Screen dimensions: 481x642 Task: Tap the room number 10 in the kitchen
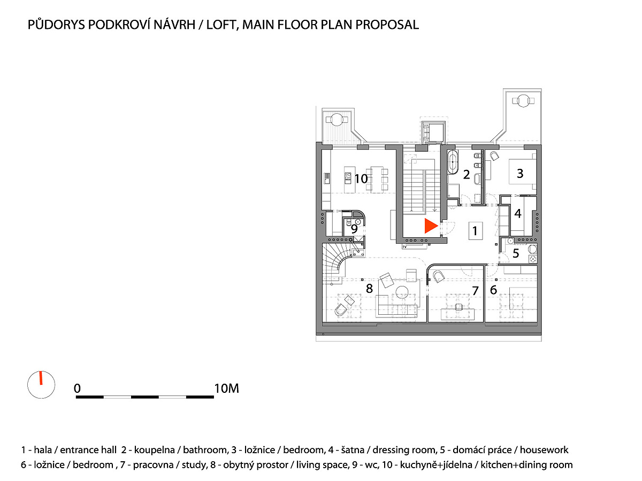361,179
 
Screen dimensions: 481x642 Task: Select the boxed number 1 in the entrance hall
475,231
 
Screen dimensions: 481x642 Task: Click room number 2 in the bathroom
467,174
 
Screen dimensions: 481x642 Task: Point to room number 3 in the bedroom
519,173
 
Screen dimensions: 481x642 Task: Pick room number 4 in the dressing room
517,213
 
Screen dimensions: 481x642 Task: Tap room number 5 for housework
516,253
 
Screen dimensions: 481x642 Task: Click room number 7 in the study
474,291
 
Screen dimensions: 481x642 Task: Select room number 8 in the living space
369,289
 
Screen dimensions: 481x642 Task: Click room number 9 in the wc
354,228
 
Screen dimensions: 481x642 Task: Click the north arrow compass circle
41,384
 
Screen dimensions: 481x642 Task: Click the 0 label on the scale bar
78,389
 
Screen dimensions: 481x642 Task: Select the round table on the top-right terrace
522,100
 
